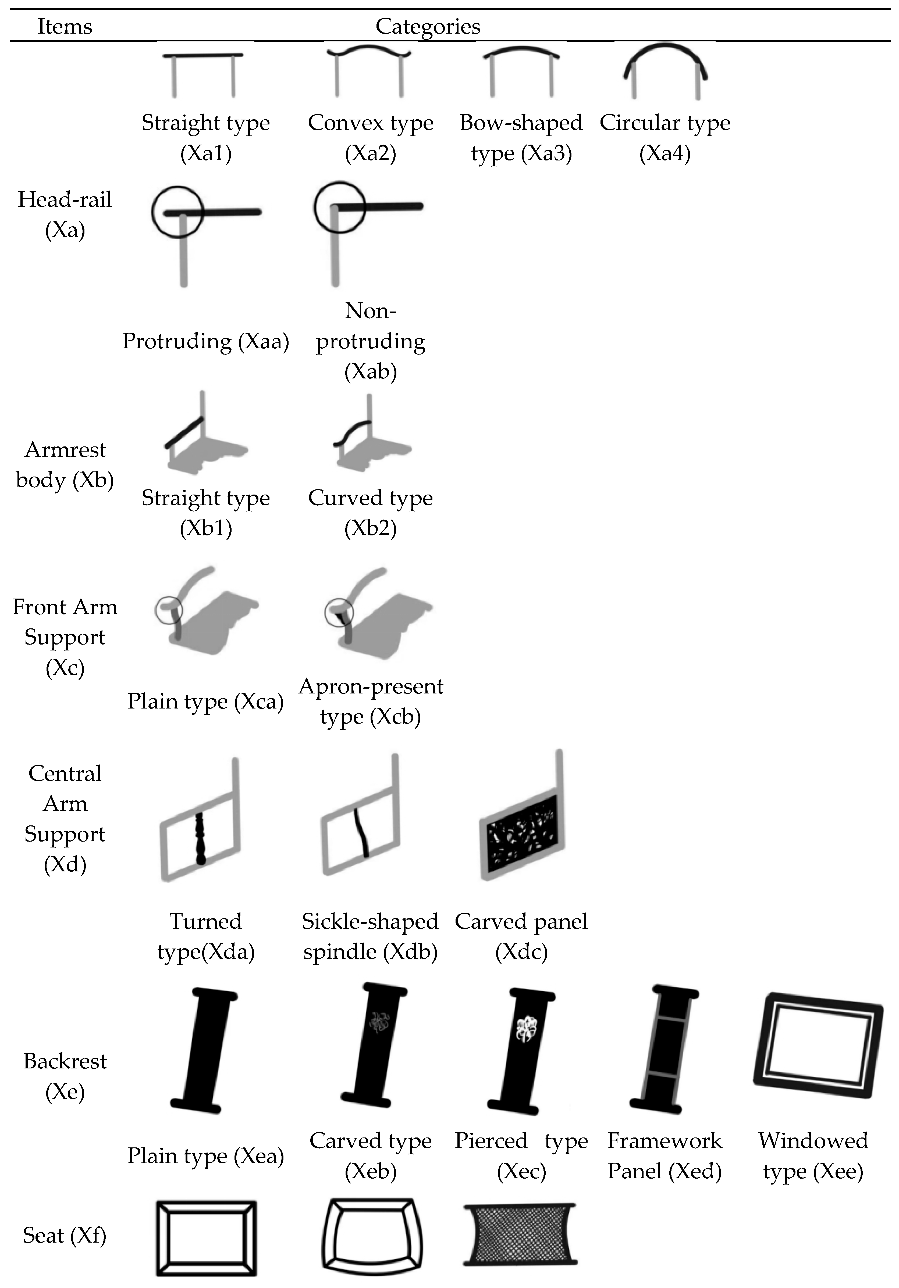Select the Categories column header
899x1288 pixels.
[x=428, y=26]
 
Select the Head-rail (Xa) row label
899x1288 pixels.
[x=65, y=214]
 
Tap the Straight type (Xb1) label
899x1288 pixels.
[x=206, y=513]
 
